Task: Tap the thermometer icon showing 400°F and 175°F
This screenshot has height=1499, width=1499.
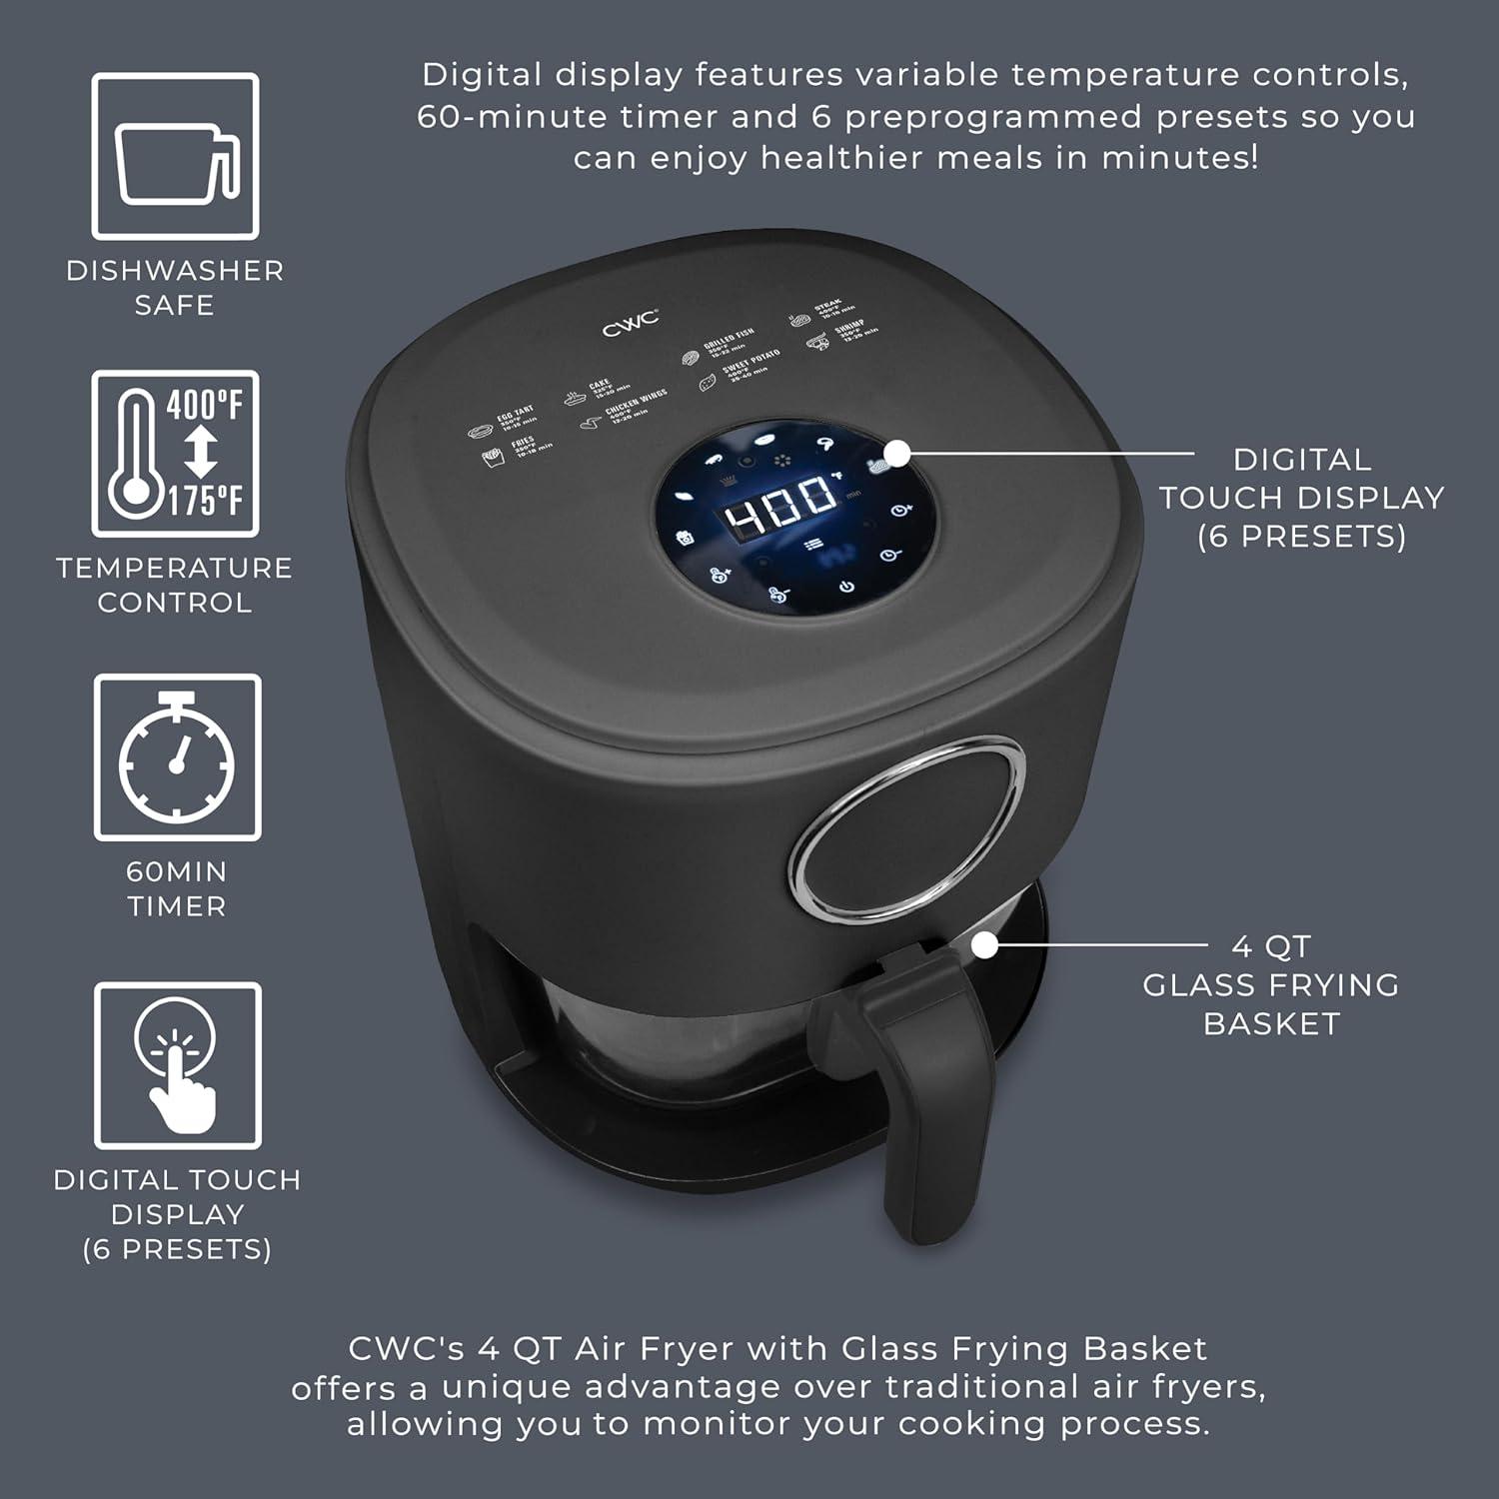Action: pos(176,454)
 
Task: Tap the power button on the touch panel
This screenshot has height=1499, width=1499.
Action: pos(846,587)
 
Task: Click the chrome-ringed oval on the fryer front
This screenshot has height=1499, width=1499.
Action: pos(907,828)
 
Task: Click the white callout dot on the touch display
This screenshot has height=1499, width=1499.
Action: pos(896,453)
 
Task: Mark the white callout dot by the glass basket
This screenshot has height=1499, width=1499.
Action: pos(985,944)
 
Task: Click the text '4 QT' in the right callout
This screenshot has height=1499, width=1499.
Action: pos(1270,945)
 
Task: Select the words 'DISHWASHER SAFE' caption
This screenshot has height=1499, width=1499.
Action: pos(175,287)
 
